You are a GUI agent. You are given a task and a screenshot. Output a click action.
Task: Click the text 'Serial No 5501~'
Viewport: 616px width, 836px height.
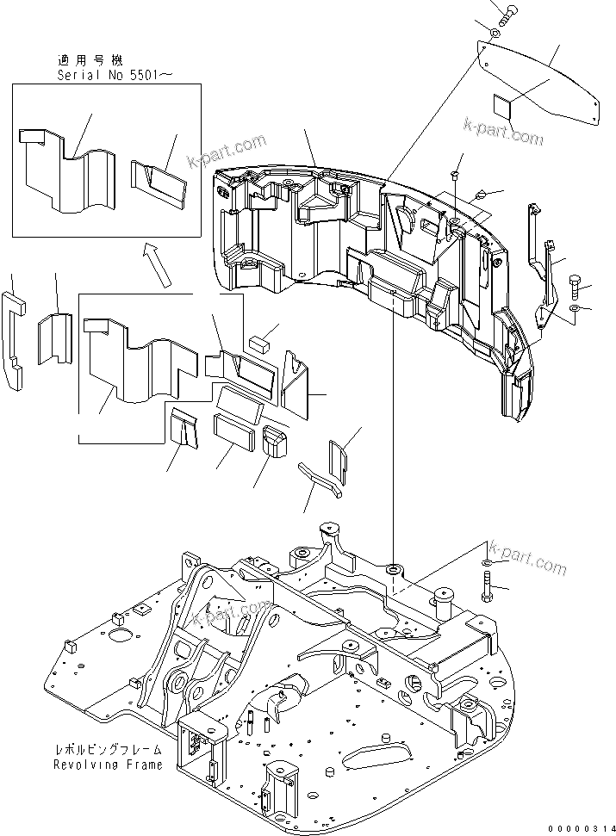point(115,75)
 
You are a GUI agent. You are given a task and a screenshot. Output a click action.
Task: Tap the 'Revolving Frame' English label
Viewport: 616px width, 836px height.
point(108,765)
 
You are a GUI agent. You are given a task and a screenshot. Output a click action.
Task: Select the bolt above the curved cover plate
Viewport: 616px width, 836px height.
point(507,13)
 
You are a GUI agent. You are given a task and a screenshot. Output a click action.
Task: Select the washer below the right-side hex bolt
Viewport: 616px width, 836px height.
point(576,307)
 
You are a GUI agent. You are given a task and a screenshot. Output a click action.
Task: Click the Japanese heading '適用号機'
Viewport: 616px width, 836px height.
point(90,60)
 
